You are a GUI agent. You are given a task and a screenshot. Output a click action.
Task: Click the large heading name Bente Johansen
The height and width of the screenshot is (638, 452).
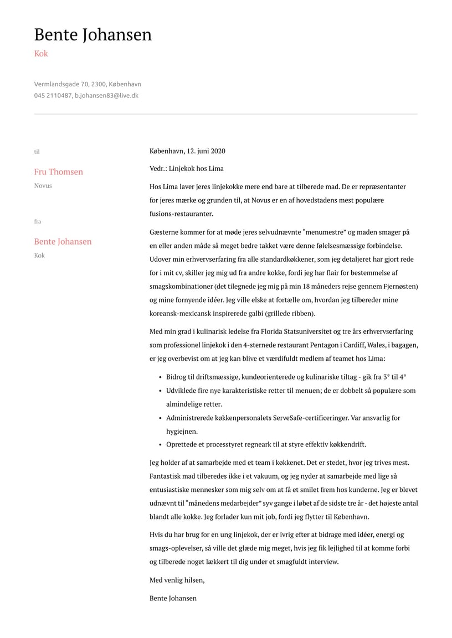[x=93, y=35]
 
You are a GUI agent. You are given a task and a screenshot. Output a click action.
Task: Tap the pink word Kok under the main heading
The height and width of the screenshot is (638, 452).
[x=41, y=54]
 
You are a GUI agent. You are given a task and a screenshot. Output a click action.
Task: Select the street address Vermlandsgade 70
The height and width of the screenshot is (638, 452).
[x=61, y=84]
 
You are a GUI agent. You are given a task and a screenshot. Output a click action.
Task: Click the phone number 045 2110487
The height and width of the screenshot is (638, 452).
[x=53, y=95]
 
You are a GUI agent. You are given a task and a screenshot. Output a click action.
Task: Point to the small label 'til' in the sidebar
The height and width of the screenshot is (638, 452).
[x=37, y=152]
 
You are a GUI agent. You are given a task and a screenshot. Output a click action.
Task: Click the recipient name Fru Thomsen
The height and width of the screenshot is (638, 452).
[x=58, y=172]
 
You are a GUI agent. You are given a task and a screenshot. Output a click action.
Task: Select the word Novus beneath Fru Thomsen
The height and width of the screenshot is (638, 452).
[x=43, y=185]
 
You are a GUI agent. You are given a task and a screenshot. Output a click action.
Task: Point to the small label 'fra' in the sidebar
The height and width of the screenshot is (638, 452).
[x=37, y=221]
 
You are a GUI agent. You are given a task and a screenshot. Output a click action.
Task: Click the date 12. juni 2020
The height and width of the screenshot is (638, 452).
[x=206, y=151]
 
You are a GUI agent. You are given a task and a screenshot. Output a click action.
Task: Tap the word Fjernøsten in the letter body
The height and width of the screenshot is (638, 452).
[x=398, y=286]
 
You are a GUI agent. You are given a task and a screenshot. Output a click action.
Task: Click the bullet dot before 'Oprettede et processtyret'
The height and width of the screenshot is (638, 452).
[x=160, y=444]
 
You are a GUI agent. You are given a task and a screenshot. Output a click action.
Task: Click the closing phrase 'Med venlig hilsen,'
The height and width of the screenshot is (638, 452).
[x=177, y=580]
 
